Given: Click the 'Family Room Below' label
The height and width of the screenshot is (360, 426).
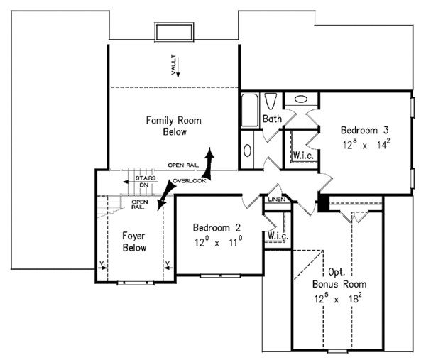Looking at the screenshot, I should [173, 126].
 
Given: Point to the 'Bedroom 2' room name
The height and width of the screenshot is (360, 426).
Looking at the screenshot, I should [218, 228].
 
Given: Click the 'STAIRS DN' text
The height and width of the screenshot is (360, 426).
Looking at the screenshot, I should [145, 181].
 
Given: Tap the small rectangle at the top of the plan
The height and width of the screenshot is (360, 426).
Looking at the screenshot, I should [173, 31].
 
